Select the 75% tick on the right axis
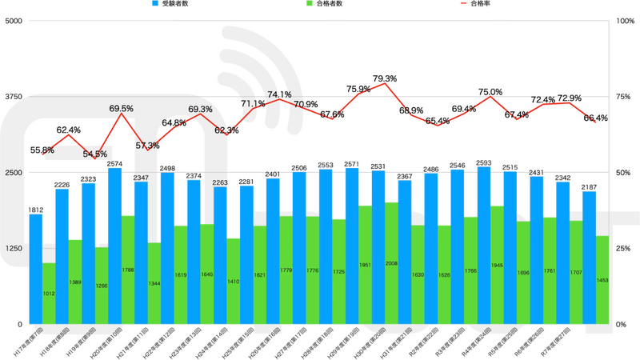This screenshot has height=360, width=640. coord(623,97)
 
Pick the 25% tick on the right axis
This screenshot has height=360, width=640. coord(623,249)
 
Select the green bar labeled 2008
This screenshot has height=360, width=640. coord(390,263)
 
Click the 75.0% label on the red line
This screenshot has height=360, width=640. coord(490,92)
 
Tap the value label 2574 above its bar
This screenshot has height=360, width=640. coord(114,162)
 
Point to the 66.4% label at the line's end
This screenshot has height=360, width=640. coord(595,118)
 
